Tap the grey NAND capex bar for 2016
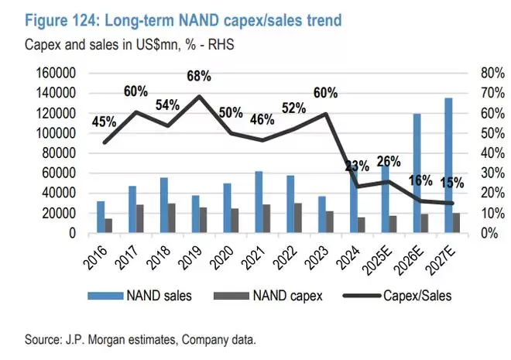click(x=109, y=225)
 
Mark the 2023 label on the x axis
click(x=318, y=252)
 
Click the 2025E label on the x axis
click(x=379, y=255)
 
